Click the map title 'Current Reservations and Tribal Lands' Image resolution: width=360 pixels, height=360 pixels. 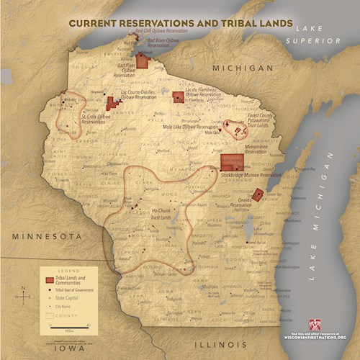(x=180, y=23)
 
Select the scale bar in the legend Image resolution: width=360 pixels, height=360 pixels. (x=70, y=325)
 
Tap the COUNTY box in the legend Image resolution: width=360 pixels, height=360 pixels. (x=55, y=315)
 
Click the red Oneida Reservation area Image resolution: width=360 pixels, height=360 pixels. (x=258, y=194)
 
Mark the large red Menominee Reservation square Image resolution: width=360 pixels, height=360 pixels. (x=231, y=162)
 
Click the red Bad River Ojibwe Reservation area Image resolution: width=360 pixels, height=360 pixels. (x=142, y=60)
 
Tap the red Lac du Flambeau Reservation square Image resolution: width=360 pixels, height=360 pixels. (x=178, y=97)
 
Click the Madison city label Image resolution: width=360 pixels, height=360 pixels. (x=190, y=286)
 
